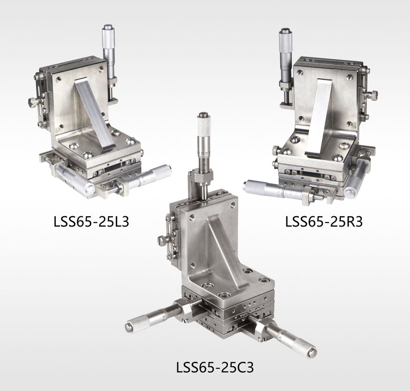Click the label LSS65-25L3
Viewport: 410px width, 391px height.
pyautogui.click(x=91, y=222)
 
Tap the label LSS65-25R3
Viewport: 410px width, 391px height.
pyautogui.click(x=324, y=222)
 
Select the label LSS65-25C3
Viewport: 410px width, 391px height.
pyautogui.click(x=215, y=367)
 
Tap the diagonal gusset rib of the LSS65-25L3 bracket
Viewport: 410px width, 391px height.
pyautogui.click(x=94, y=114)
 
